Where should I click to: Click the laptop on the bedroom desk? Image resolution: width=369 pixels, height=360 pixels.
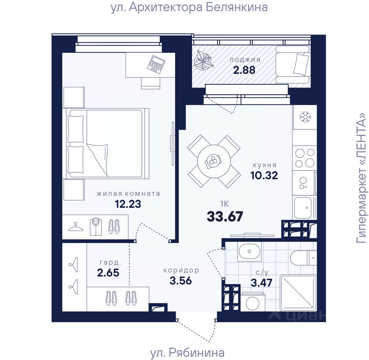(156, 64)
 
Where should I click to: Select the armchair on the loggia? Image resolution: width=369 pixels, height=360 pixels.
(293, 64)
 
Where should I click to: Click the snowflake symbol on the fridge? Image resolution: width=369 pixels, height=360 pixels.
(305, 117)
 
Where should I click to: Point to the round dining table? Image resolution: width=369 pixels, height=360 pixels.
(214, 161)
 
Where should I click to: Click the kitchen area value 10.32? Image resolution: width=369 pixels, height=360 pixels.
(264, 175)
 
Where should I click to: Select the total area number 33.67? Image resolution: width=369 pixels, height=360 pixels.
(225, 217)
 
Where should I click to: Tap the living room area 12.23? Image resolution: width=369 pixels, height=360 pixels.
(128, 204)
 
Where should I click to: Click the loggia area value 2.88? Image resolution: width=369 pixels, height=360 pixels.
(244, 70)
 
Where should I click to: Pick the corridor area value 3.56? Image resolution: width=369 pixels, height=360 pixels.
(181, 280)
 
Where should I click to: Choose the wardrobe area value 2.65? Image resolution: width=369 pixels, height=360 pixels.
(108, 273)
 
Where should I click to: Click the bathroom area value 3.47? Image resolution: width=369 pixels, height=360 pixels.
(262, 283)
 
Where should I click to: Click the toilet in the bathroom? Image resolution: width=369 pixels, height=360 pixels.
(303, 258)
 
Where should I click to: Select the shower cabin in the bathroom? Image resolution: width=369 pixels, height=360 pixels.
(298, 293)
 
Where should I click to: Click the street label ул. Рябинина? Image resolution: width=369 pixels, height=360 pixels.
(187, 353)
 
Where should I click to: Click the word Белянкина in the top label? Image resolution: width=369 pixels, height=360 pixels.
(237, 7)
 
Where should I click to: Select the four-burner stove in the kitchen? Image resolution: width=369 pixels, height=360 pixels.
(304, 158)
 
